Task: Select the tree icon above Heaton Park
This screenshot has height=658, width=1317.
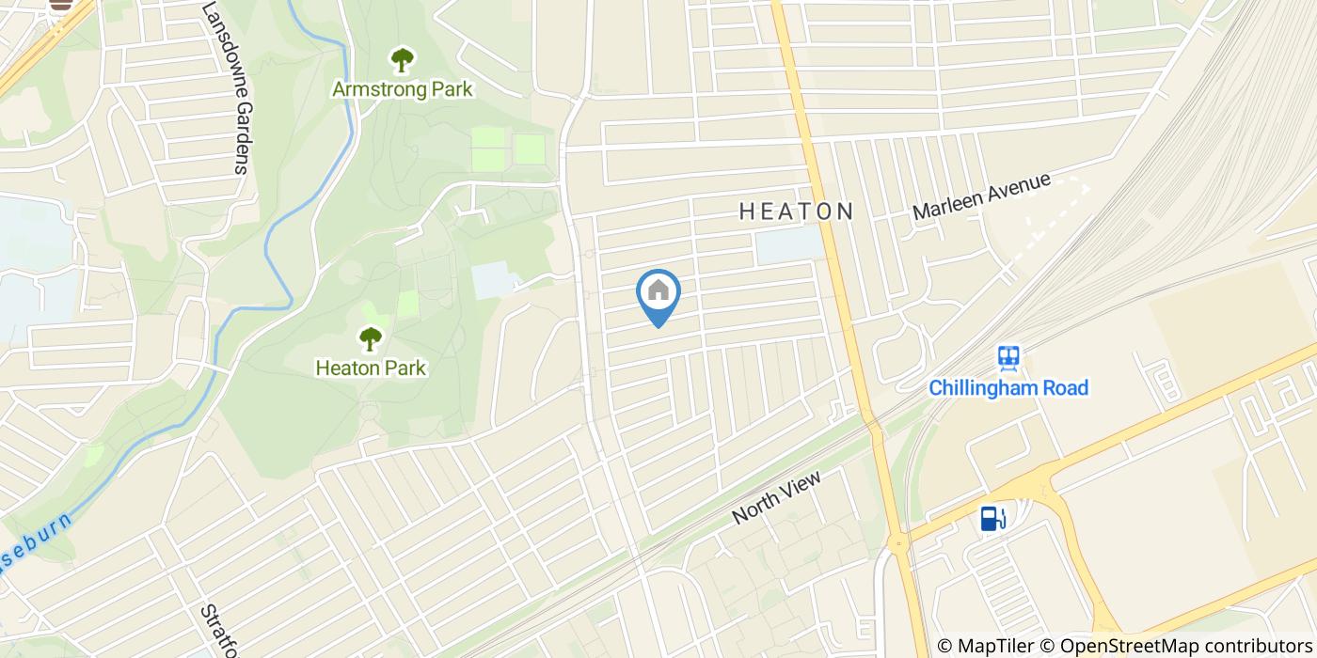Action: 371,337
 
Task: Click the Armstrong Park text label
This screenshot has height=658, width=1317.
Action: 403,90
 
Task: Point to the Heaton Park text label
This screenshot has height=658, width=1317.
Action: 371,368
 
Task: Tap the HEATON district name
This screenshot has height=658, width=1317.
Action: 796,211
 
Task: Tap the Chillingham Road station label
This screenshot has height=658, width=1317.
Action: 1008,387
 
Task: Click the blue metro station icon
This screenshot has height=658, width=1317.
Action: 1009,356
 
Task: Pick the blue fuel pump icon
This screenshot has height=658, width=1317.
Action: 992,518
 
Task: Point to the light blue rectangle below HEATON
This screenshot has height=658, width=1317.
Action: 788,243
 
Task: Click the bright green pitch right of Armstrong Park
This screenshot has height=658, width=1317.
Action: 530,149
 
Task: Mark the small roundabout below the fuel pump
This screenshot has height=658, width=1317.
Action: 898,542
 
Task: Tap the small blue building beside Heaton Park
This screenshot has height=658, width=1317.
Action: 494,280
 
